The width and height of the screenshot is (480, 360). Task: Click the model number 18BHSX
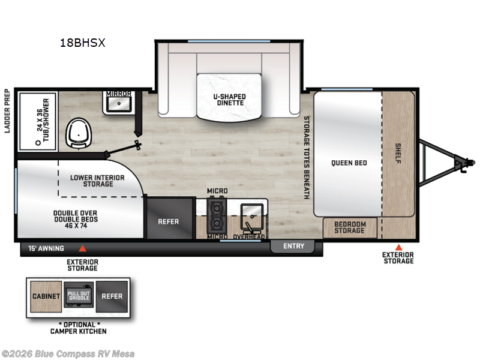pyautogui.click(x=83, y=43)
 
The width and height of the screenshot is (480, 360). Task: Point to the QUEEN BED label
pyautogui.click(x=349, y=163)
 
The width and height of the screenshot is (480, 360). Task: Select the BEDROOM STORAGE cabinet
pyautogui.click(x=350, y=227)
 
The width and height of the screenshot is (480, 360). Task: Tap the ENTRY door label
pyautogui.click(x=293, y=246)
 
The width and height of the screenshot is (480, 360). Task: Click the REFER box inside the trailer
pyautogui.click(x=169, y=221)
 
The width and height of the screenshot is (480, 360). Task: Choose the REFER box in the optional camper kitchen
pyautogui.click(x=112, y=296)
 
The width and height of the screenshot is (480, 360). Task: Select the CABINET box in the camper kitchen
pyautogui.click(x=46, y=296)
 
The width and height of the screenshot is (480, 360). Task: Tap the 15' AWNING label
pyautogui.click(x=46, y=247)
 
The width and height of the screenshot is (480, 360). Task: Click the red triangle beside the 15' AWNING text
pyautogui.click(x=83, y=248)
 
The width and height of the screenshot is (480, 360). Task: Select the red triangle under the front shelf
pyautogui.click(x=398, y=247)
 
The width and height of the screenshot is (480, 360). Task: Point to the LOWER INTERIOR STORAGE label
pyautogui.click(x=97, y=180)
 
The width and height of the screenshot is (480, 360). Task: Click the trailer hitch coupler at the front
pyautogui.click(x=465, y=161)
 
